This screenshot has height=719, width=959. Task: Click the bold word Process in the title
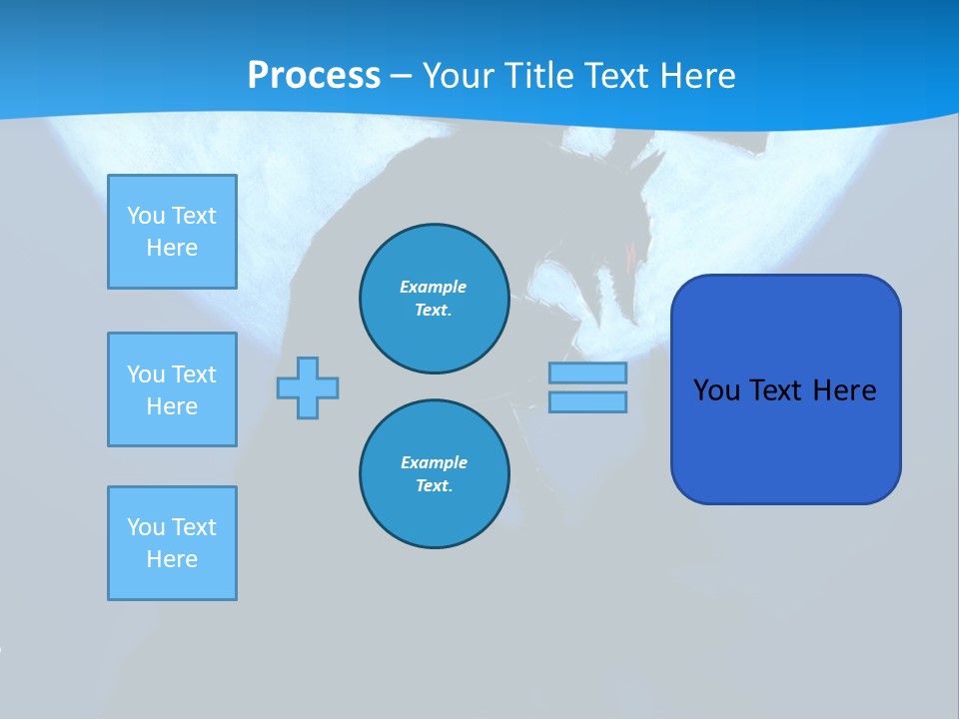point(314,76)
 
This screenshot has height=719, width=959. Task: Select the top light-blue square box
point(172,232)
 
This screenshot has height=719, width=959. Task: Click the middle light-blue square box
point(172,389)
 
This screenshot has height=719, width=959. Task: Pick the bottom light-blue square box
point(172,543)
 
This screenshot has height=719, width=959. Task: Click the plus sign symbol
point(308,387)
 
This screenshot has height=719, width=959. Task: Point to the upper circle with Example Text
point(434,299)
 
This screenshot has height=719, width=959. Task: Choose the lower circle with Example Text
point(434,474)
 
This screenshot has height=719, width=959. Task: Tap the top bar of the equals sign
point(587,372)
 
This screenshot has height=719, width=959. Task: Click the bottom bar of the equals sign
point(587,401)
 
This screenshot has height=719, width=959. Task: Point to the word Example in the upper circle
point(433,287)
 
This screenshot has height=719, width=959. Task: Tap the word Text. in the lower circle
point(434,486)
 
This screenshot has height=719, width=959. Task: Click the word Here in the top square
point(172,248)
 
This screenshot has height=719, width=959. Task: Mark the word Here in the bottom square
point(172,559)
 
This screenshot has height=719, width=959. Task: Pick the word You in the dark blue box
point(716,390)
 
